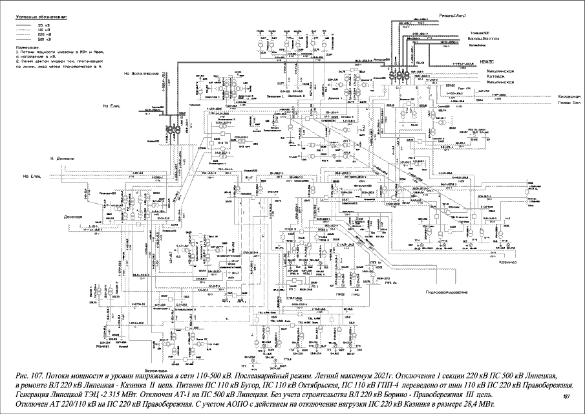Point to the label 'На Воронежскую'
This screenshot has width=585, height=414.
pyautogui.click(x=142, y=74)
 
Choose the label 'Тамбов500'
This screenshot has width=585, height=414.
pyautogui.click(x=479, y=32)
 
